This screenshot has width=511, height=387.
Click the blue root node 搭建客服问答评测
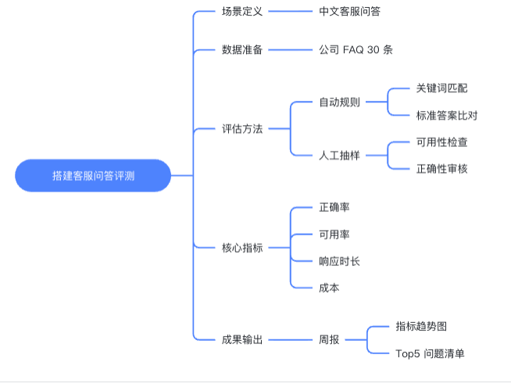click(x=93, y=176)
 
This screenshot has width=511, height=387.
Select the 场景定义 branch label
click(x=242, y=12)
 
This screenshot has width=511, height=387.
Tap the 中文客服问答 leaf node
click(x=350, y=12)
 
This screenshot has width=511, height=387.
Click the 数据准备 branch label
click(x=242, y=50)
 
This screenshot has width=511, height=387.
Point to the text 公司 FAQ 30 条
click(x=356, y=50)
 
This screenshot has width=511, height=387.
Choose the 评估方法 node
click(x=242, y=128)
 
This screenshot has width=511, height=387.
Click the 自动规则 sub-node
click(x=339, y=102)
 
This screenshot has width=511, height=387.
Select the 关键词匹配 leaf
click(x=441, y=88)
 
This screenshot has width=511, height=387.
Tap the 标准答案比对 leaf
click(x=447, y=115)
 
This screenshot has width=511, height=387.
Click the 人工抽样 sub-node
click(x=339, y=155)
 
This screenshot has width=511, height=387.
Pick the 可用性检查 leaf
click(x=441, y=142)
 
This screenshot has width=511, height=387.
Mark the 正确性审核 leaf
click(x=441, y=168)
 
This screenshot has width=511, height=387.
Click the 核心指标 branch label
click(x=242, y=247)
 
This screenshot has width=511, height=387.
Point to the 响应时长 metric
click(x=339, y=260)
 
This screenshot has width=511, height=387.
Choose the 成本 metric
click(x=329, y=287)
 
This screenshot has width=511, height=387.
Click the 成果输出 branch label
click(x=242, y=339)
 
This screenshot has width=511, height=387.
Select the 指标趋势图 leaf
click(x=421, y=326)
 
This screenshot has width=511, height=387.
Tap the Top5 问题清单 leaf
click(x=430, y=353)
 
